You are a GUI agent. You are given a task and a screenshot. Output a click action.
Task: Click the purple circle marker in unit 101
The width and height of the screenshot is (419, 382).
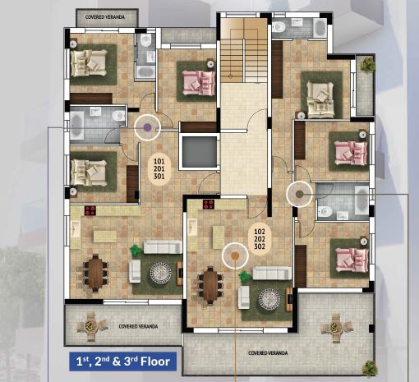[x=148, y=127]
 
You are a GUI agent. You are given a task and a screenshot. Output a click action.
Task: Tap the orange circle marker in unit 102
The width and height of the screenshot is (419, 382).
[x=234, y=256]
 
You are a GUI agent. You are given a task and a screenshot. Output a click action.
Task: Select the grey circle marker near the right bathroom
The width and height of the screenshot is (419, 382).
[x=297, y=195]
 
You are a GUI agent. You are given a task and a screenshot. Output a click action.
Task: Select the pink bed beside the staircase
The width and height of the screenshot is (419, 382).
[x=198, y=82]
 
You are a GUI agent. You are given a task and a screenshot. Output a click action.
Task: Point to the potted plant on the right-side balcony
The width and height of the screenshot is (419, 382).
[x=366, y=64]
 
